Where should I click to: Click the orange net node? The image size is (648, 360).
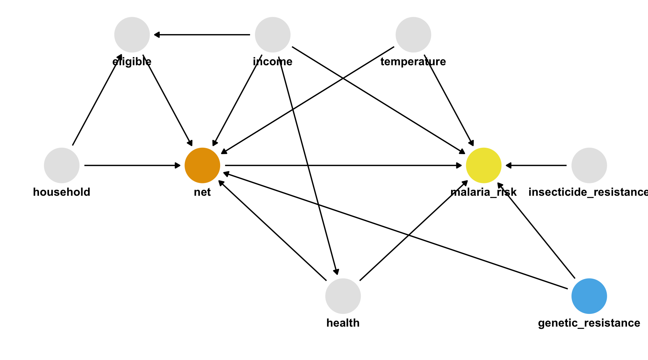coord(202,165)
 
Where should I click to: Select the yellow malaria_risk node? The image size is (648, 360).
coord(484,165)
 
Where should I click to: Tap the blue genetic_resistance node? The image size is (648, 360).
coord(589,296)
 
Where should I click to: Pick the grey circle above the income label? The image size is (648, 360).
coord(273,34)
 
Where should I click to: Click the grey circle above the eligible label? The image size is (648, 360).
coord(132,34)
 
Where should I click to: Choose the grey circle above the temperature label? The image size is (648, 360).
coord(413,34)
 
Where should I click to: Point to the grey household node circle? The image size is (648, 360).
coord(62,165)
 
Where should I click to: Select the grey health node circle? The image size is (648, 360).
coord(343,296)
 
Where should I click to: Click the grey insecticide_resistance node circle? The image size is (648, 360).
coord(589,165)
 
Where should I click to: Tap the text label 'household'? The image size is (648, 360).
coord(62,192)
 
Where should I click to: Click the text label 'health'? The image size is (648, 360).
coord(343,323)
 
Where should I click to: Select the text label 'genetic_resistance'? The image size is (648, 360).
coord(589,323)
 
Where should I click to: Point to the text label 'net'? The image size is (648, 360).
coord(202,192)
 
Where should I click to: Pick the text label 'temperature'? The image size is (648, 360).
coord(413,61)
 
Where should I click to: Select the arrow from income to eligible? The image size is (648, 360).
coord(202,34)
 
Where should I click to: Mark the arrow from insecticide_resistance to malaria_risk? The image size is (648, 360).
coord(536,165)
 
